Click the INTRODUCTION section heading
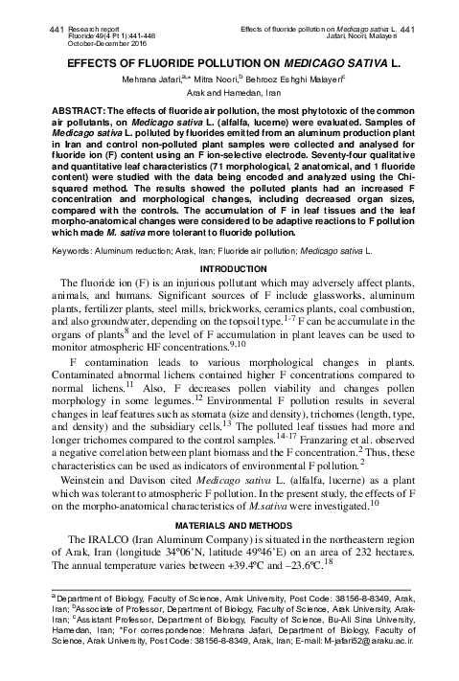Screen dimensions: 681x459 click(x=229, y=268)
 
